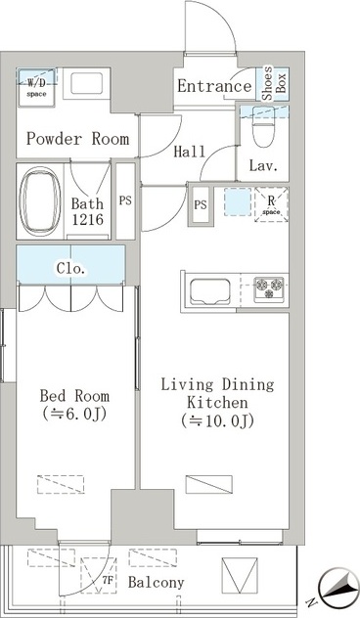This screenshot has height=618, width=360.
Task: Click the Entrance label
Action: click(x=214, y=86)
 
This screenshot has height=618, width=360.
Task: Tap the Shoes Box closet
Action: click(x=273, y=84)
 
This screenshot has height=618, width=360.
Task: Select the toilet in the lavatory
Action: click(x=263, y=126)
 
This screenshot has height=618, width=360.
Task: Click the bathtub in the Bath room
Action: click(x=40, y=201)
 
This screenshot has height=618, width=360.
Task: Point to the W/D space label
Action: click(x=36, y=88)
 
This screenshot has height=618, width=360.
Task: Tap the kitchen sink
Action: click(x=210, y=291)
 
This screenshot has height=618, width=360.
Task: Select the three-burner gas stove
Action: click(x=269, y=288)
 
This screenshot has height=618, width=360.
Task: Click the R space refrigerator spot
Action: click(x=271, y=204)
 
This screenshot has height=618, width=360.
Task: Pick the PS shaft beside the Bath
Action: click(x=125, y=201)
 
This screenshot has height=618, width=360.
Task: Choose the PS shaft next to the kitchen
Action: click(x=201, y=205)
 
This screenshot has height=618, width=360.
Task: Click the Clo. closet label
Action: click(x=70, y=268)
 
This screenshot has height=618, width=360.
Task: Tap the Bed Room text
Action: click(x=74, y=395)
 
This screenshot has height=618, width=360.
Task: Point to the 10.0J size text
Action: click(x=217, y=421)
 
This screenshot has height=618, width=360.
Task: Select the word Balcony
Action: click(x=157, y=582)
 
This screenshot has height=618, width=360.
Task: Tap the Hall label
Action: click(x=190, y=152)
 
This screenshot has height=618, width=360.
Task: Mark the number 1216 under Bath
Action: click(x=87, y=219)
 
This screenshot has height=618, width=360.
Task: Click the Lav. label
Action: click(x=263, y=165)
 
